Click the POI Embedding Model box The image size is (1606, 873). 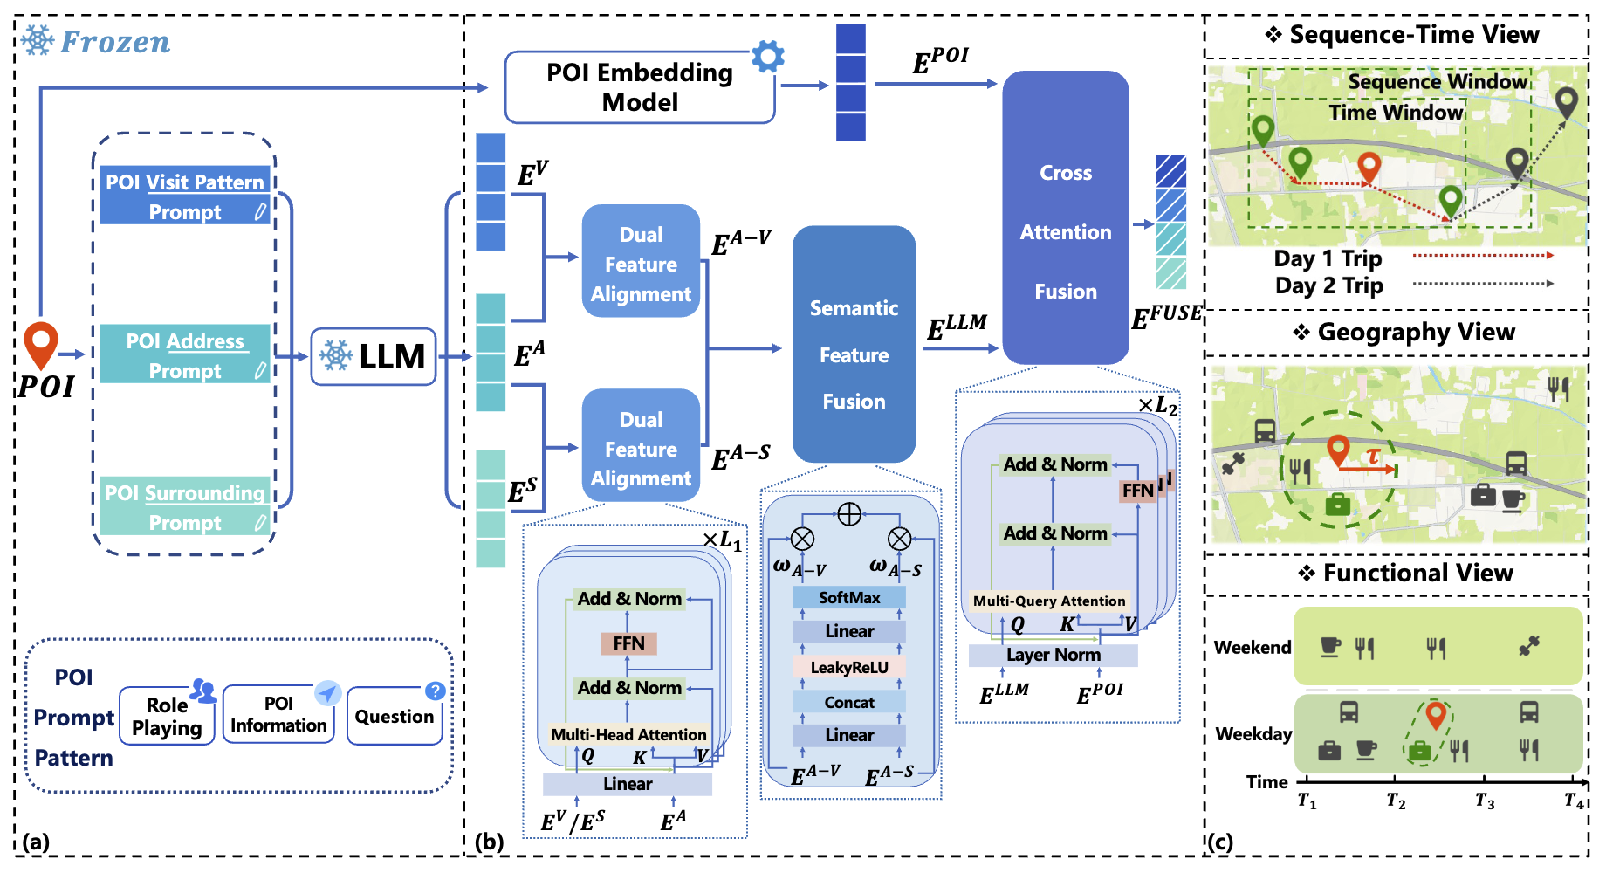coord(640,87)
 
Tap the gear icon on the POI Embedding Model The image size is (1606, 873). coord(768,57)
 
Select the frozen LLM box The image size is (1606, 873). coord(374,356)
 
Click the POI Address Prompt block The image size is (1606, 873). coord(185,354)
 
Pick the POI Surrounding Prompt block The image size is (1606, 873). coord(185,506)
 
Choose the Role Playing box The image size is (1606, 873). coord(167,716)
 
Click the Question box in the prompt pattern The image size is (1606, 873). coord(395,716)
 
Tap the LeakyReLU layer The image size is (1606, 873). coord(849,668)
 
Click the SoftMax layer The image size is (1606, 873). coord(849,598)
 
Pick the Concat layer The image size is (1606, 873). coord(849,702)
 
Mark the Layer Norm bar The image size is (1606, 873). coord(1054,655)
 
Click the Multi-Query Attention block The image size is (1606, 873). coord(1049,601)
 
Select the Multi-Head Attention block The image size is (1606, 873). coord(628,734)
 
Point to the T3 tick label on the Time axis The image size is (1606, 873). coord(1485,801)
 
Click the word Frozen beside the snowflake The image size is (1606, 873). coord(115,42)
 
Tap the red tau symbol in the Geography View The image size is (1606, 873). coord(1374,456)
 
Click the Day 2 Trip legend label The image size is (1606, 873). coord(1329,285)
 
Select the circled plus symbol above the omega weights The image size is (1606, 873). coord(849,514)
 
